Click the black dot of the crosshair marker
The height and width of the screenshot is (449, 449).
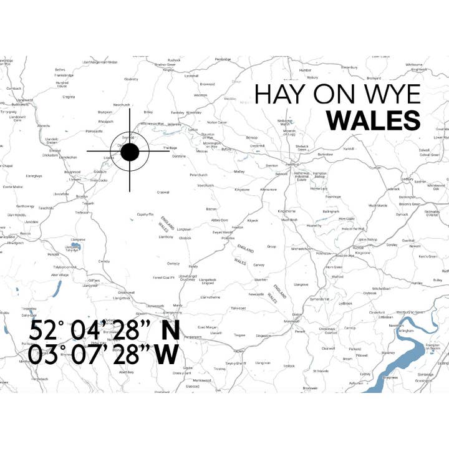click(x=130, y=152)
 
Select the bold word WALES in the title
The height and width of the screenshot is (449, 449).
click(x=374, y=120)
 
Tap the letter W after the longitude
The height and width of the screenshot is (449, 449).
click(x=168, y=354)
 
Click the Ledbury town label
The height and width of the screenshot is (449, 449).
click(x=408, y=179)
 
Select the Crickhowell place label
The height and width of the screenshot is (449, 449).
click(x=126, y=292)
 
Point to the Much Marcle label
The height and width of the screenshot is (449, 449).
click(x=378, y=205)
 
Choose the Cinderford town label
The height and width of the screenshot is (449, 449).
click(x=377, y=312)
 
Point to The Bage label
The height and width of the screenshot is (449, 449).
click(x=170, y=148)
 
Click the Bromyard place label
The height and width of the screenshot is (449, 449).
click(x=374, y=78)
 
